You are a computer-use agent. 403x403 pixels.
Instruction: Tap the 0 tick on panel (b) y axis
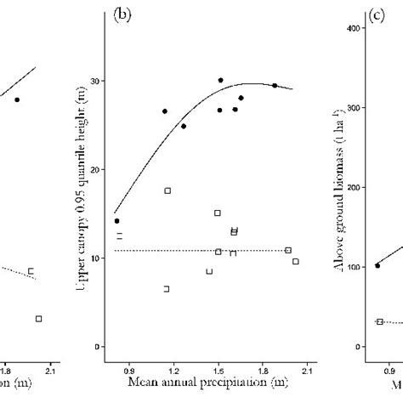pos(100,346)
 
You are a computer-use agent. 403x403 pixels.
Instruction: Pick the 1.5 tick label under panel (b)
pos(218,370)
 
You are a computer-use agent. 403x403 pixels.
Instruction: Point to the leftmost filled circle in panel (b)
pos(116,220)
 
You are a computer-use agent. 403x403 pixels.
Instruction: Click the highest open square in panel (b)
pos(167,190)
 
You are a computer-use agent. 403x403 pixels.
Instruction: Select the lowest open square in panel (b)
pos(166,289)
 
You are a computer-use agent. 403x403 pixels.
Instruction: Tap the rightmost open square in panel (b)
pos(295,261)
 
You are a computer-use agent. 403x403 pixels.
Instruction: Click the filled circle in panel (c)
pos(377,265)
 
